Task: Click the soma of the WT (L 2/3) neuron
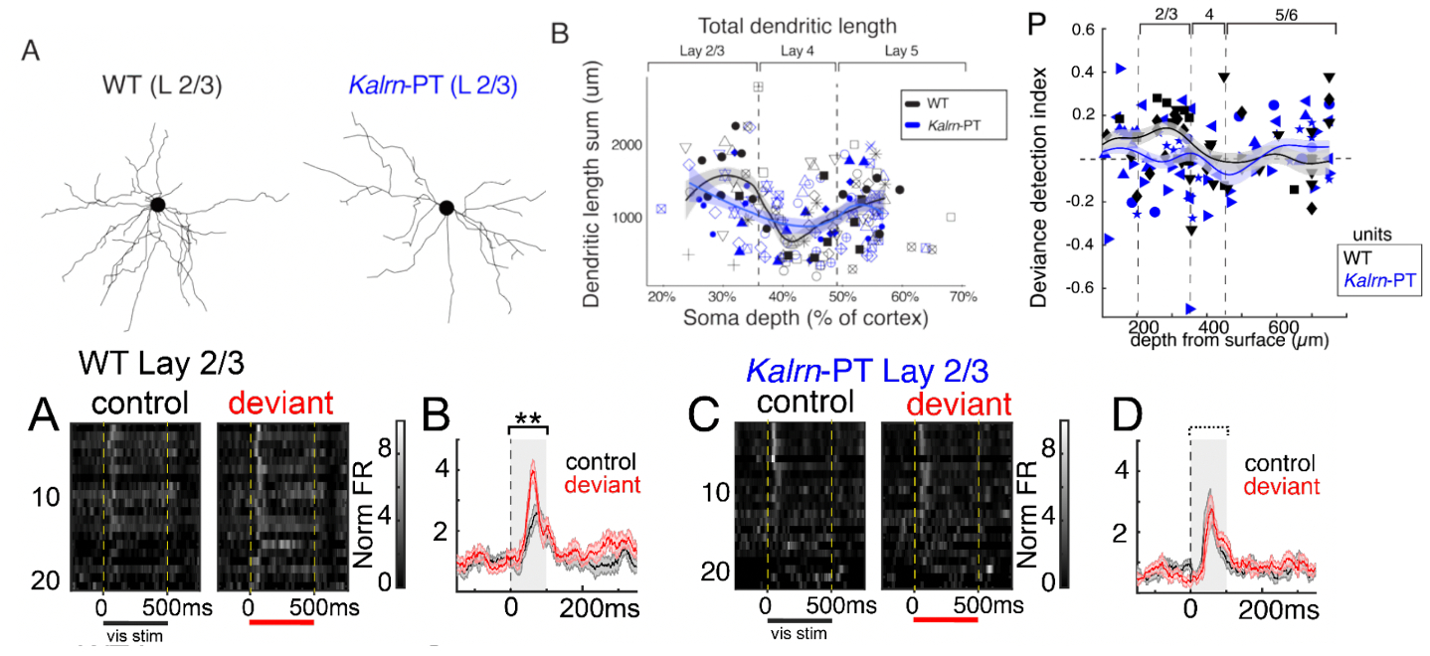coord(156,205)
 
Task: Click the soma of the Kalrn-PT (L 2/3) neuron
coord(447,207)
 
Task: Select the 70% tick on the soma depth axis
coord(962,296)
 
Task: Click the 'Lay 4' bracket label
coord(797,50)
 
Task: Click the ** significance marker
coord(528,418)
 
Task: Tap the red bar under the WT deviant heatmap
coord(281,622)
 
